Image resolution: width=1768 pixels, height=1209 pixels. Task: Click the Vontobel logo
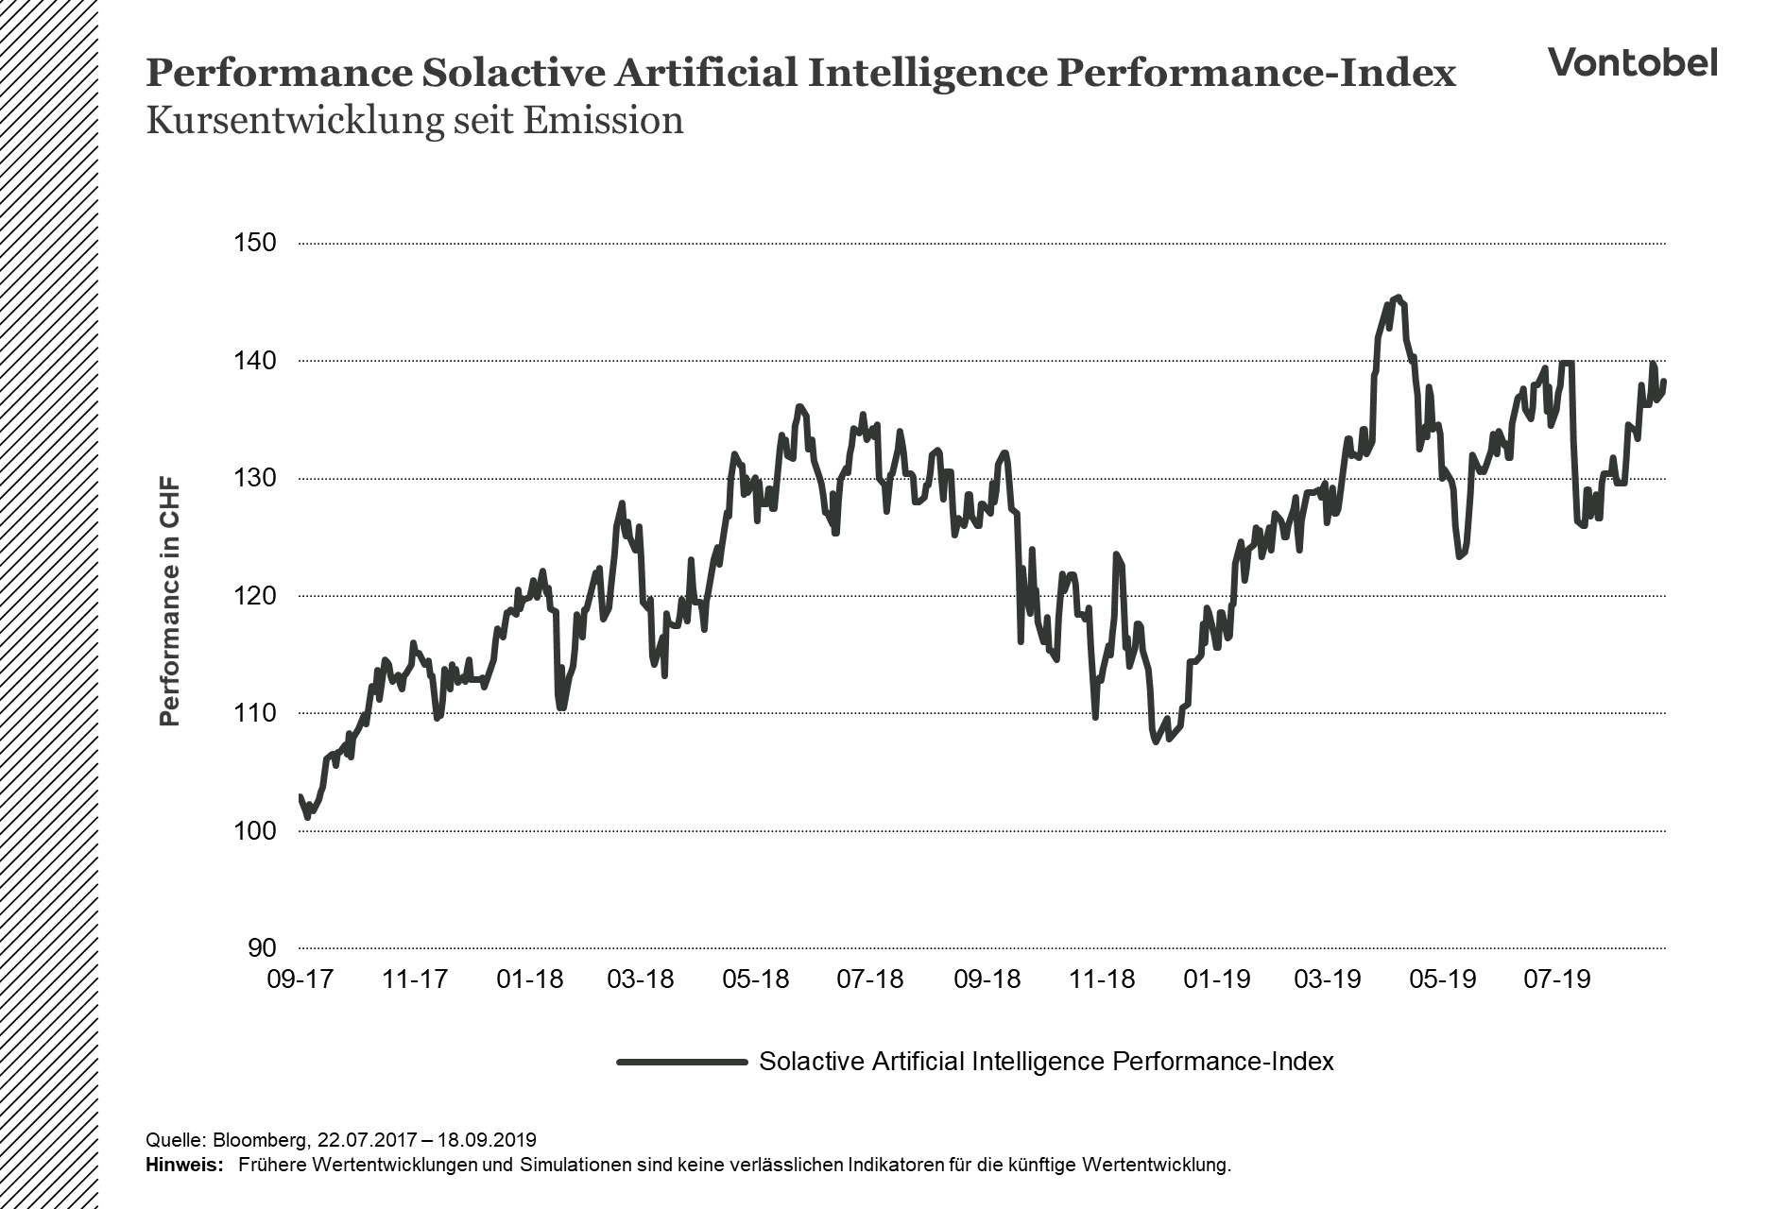click(x=1632, y=62)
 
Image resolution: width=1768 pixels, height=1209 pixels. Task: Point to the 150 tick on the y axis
click(x=254, y=243)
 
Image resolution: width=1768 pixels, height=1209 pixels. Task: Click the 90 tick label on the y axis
click(x=262, y=948)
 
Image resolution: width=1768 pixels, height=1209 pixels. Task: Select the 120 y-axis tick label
click(x=254, y=596)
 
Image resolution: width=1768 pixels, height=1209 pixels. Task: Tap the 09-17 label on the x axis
click(x=300, y=979)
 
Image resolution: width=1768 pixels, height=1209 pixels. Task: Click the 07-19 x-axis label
click(x=1556, y=979)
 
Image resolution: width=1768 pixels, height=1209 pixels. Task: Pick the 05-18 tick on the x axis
click(x=755, y=979)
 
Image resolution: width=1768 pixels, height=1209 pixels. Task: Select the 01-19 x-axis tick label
click(x=1216, y=979)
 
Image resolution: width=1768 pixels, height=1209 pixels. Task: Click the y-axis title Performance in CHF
click(x=169, y=604)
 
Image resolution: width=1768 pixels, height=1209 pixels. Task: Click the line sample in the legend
click(x=681, y=1062)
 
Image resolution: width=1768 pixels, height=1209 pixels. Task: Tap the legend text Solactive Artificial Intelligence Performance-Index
click(x=1046, y=1062)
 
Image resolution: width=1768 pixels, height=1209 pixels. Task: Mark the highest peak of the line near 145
click(x=1398, y=298)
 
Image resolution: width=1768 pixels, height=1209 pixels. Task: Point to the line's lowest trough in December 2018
click(x=1157, y=742)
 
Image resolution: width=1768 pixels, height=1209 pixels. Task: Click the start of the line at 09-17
click(x=300, y=797)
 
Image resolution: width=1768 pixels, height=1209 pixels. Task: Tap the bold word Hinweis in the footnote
click(x=183, y=1165)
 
